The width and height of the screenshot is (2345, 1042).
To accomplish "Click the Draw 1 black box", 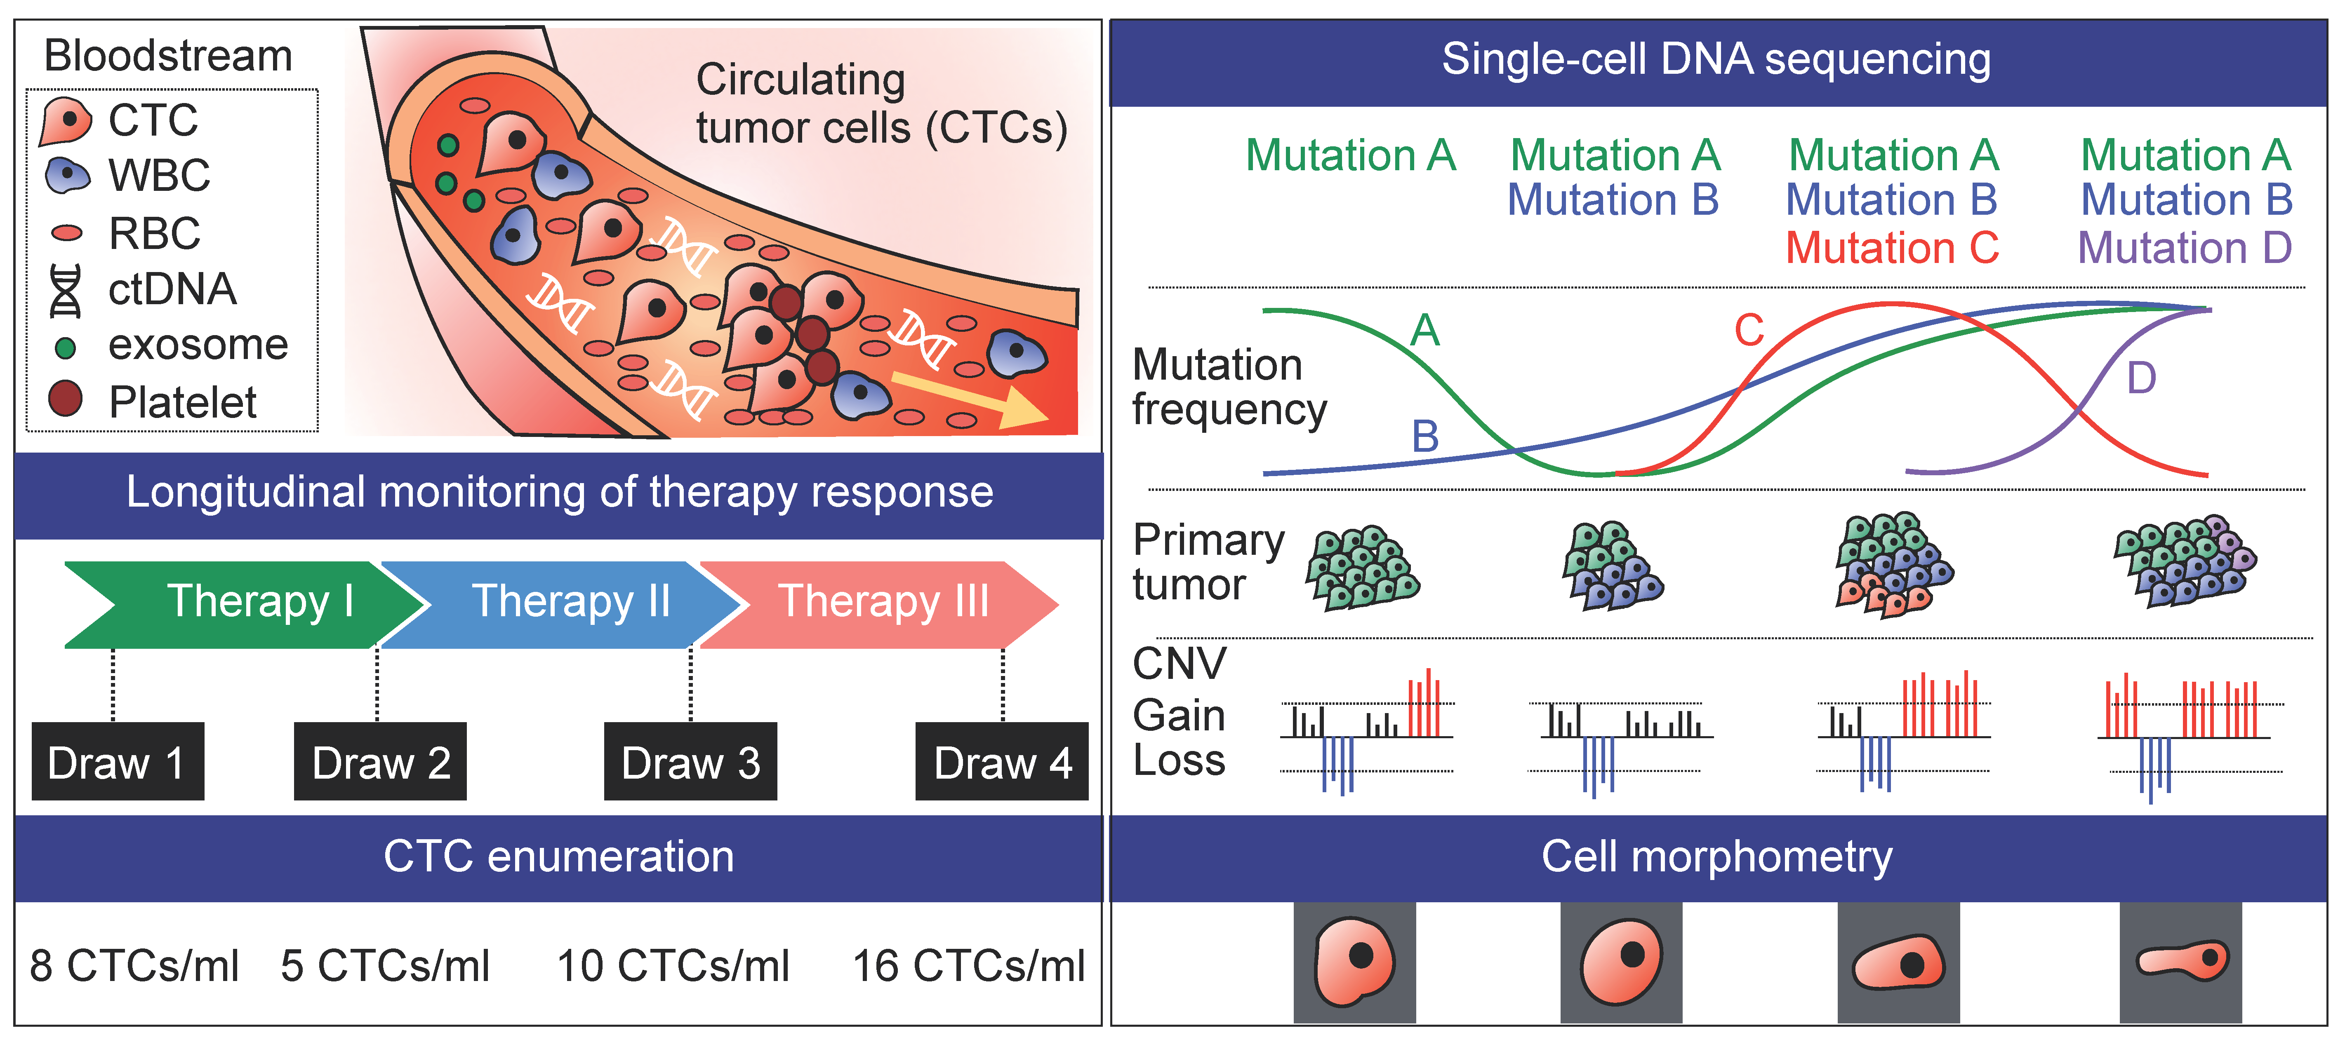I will point(118,762).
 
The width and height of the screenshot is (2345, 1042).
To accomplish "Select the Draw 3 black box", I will point(690,762).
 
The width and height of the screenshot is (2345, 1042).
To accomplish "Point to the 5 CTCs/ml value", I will point(385,966).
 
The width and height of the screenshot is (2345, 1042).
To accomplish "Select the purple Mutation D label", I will point(2185,248).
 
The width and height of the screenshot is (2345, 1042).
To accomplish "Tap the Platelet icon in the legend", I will point(66,399).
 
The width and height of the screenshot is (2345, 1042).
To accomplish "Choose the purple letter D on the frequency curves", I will point(2141,378).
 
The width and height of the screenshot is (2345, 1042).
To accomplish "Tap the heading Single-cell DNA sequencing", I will point(1716,60).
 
